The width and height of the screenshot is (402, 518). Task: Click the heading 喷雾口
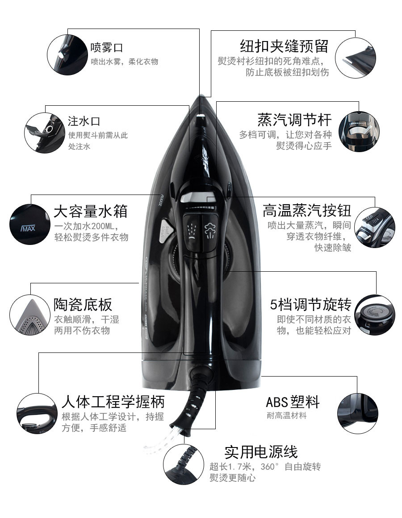106,48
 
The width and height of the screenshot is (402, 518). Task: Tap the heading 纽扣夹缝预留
284,46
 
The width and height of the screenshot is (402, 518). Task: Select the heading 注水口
84,121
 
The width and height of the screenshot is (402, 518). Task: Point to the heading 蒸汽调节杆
294,120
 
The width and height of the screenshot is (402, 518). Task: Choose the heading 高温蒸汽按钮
307,211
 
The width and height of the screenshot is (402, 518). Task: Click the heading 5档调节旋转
310,304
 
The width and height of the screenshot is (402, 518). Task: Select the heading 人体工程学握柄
113,402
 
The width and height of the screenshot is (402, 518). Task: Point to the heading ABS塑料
293,402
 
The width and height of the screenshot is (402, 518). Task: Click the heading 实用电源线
261,452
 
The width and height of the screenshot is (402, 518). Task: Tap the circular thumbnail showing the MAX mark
30,224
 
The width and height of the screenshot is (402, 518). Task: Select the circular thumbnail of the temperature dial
375,315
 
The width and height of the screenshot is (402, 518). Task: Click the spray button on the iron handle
192,231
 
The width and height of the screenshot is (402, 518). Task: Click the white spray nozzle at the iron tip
201,116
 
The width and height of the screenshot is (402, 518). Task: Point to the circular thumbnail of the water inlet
45,133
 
